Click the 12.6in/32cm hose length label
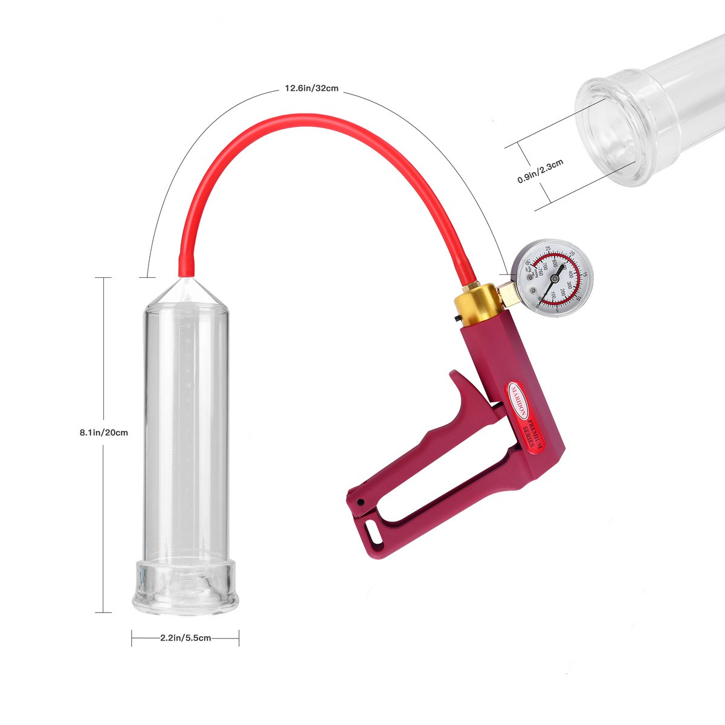point(311,88)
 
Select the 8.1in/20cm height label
point(104,433)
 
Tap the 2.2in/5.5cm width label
point(185,638)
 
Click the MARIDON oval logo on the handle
point(518,400)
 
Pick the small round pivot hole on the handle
point(361,501)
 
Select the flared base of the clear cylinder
point(186,583)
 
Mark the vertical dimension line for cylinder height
point(103,362)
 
